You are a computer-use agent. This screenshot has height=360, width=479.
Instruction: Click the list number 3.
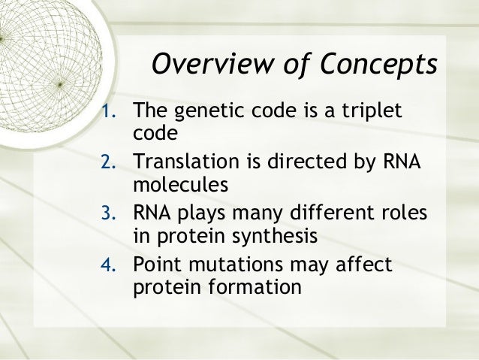(x=110, y=215)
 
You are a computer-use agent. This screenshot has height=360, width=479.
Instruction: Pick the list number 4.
(x=110, y=265)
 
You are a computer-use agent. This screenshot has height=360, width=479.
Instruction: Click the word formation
(x=248, y=286)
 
